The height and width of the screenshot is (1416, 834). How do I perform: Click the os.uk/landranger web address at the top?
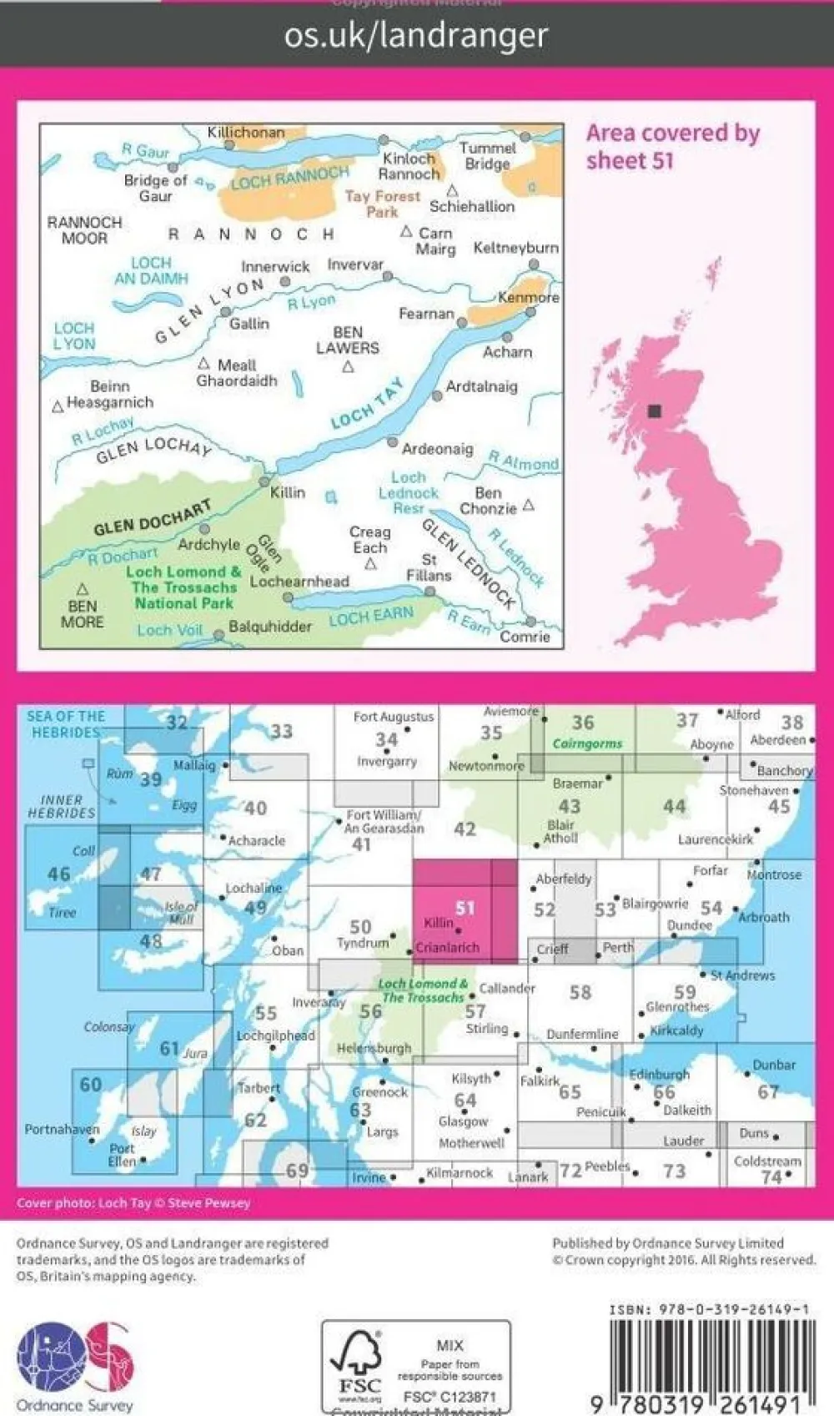point(416,36)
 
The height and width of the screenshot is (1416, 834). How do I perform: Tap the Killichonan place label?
point(246,133)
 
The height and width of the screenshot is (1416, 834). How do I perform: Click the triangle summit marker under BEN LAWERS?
point(349,367)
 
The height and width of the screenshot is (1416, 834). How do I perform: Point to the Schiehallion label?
point(472,206)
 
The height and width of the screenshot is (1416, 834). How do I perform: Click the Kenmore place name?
point(529,298)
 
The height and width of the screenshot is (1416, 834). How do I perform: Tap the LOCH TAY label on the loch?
point(367,405)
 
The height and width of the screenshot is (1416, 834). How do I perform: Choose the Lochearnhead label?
point(299,582)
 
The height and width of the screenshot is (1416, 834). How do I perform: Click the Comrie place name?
point(525,637)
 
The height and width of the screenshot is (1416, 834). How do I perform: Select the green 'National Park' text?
point(184,603)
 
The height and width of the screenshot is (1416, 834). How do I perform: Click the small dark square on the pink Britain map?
point(655,411)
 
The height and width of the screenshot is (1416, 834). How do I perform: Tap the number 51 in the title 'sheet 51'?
point(662,160)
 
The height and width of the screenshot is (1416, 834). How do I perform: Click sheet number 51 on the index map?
point(465,908)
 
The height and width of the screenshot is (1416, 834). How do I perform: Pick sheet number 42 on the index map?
point(465,829)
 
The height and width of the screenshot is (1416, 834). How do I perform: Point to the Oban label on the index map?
point(288,950)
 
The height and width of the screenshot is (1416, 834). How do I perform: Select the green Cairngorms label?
point(587,743)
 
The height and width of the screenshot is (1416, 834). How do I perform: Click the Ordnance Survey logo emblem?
point(75,1357)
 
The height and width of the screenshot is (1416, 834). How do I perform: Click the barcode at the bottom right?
point(709,1360)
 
